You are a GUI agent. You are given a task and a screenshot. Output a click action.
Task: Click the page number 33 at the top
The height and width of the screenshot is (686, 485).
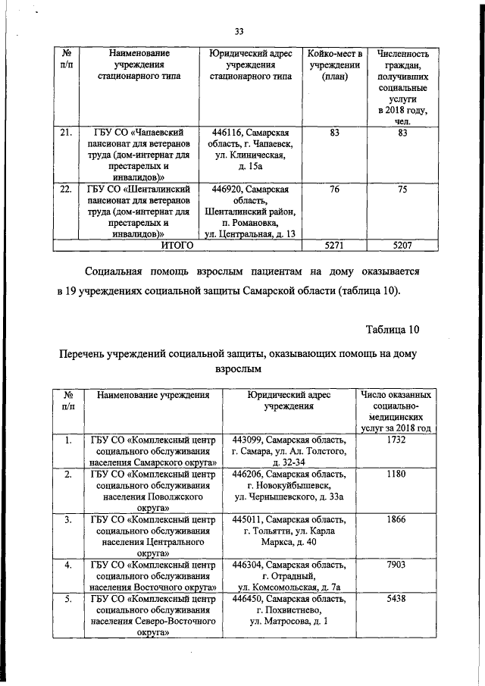click(239, 31)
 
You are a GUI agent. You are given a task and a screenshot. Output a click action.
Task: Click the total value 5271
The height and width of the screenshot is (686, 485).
click(330, 246)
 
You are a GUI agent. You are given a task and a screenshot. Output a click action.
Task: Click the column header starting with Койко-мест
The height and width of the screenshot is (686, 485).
click(330, 65)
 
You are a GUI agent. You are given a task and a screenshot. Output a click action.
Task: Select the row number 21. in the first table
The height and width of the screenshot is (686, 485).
click(66, 133)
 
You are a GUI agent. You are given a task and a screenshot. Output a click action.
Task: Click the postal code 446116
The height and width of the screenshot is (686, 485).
click(227, 133)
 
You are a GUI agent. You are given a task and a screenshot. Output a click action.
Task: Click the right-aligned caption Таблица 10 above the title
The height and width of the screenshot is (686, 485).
click(391, 330)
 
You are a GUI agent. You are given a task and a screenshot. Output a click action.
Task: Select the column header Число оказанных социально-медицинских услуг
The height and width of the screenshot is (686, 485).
click(396, 412)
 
